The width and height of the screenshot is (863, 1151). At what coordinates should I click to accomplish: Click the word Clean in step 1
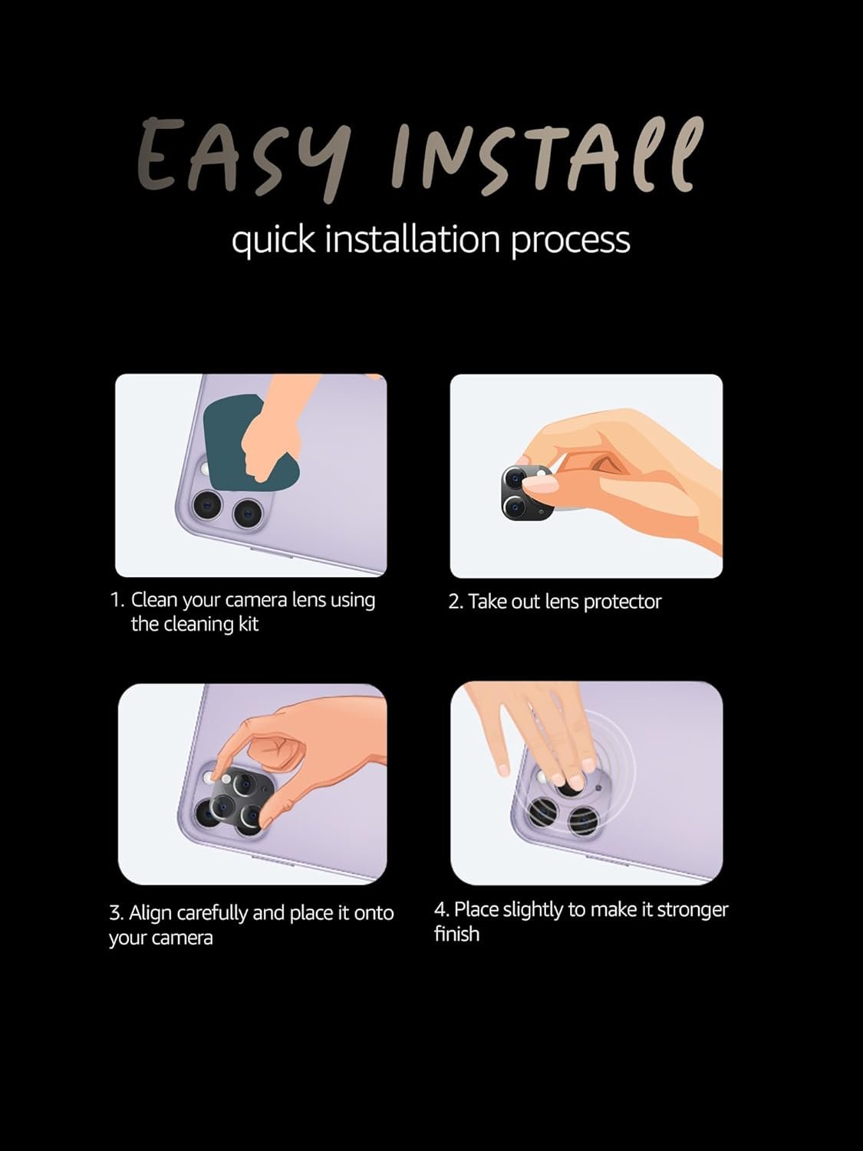154,600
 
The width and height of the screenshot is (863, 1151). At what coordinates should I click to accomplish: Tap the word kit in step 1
249,624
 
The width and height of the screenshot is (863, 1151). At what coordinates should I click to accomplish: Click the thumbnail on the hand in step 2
542,487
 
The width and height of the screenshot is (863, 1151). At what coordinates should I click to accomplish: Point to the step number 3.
117,913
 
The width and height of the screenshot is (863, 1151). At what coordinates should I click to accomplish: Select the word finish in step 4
456,935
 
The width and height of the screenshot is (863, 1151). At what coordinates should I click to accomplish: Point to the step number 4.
442,910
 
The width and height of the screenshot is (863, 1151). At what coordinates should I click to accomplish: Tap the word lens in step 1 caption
308,600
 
